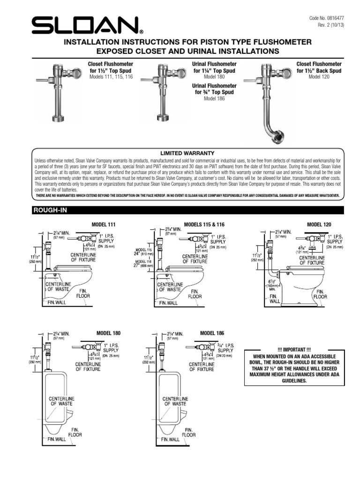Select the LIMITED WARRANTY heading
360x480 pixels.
click(x=187, y=153)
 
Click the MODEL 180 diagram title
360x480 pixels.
click(x=108, y=333)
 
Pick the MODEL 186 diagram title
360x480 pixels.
click(x=212, y=333)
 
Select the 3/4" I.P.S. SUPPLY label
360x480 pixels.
click(x=225, y=347)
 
